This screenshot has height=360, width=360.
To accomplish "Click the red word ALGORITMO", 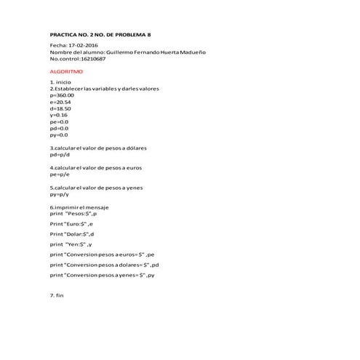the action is click(66, 73).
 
